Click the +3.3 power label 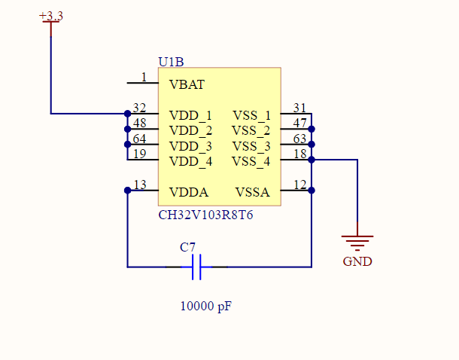click(x=50, y=16)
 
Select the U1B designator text click(x=172, y=61)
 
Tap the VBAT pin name click(x=187, y=85)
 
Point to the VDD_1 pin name click(x=190, y=115)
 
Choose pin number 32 click(x=139, y=108)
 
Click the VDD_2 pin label click(x=190, y=130)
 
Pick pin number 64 click(x=139, y=139)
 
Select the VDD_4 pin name click(x=190, y=161)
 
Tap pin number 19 click(x=139, y=154)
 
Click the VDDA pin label click(x=189, y=192)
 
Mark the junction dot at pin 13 click(x=127, y=191)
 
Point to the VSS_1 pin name click(x=251, y=115)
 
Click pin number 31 click(x=299, y=108)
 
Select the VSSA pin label click(x=252, y=192)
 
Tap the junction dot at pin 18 click(x=312, y=160)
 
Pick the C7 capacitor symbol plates click(x=196, y=267)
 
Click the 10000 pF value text click(x=205, y=307)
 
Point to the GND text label click(x=357, y=262)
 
